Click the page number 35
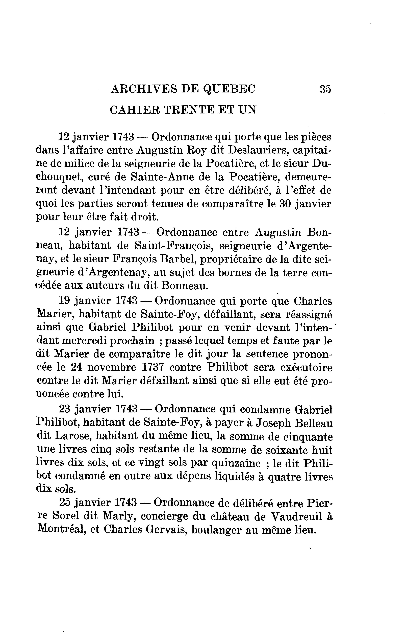(x=326, y=89)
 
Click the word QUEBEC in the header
(x=229, y=89)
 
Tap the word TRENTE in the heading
(x=189, y=110)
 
